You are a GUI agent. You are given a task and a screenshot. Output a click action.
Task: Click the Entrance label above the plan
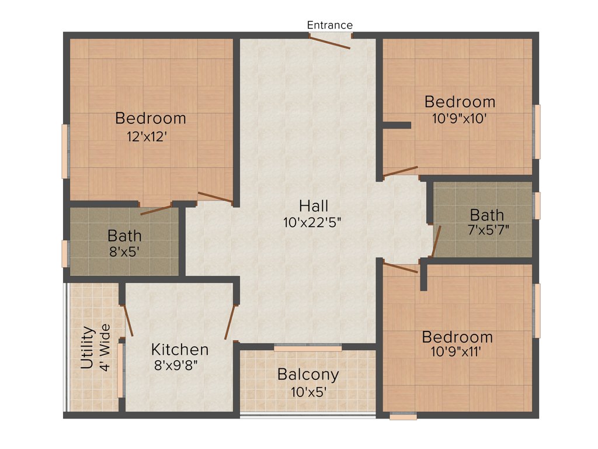pos(330,25)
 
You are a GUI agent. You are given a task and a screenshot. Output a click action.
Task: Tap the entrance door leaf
pos(329,42)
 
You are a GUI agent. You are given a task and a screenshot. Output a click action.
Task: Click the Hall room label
pos(314,206)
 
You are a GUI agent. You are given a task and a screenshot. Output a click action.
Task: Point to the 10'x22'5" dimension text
pos(314,223)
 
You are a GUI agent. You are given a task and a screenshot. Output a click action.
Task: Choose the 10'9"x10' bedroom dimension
pos(460,117)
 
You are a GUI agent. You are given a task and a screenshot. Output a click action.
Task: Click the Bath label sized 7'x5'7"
pos(486,214)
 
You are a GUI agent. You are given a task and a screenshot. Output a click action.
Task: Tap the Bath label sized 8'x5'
pos(124,236)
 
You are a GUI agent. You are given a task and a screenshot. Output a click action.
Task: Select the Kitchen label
pos(180,350)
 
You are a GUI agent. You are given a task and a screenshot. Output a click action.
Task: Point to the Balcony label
pos(308,374)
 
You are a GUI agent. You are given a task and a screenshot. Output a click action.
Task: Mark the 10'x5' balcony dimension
pos(308,392)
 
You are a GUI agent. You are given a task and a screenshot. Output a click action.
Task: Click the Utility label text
pos(87,347)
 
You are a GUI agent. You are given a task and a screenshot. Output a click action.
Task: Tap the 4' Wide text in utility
pos(105,347)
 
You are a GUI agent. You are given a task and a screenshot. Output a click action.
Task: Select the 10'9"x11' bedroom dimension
pos(457,353)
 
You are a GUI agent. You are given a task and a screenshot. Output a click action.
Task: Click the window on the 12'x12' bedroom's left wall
pos(65,151)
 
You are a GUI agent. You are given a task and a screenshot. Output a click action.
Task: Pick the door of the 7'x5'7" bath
pos(435,241)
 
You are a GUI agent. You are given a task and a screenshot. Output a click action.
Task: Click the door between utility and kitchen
pos(128,320)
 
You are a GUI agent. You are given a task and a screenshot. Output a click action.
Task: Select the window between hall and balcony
pos(308,348)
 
